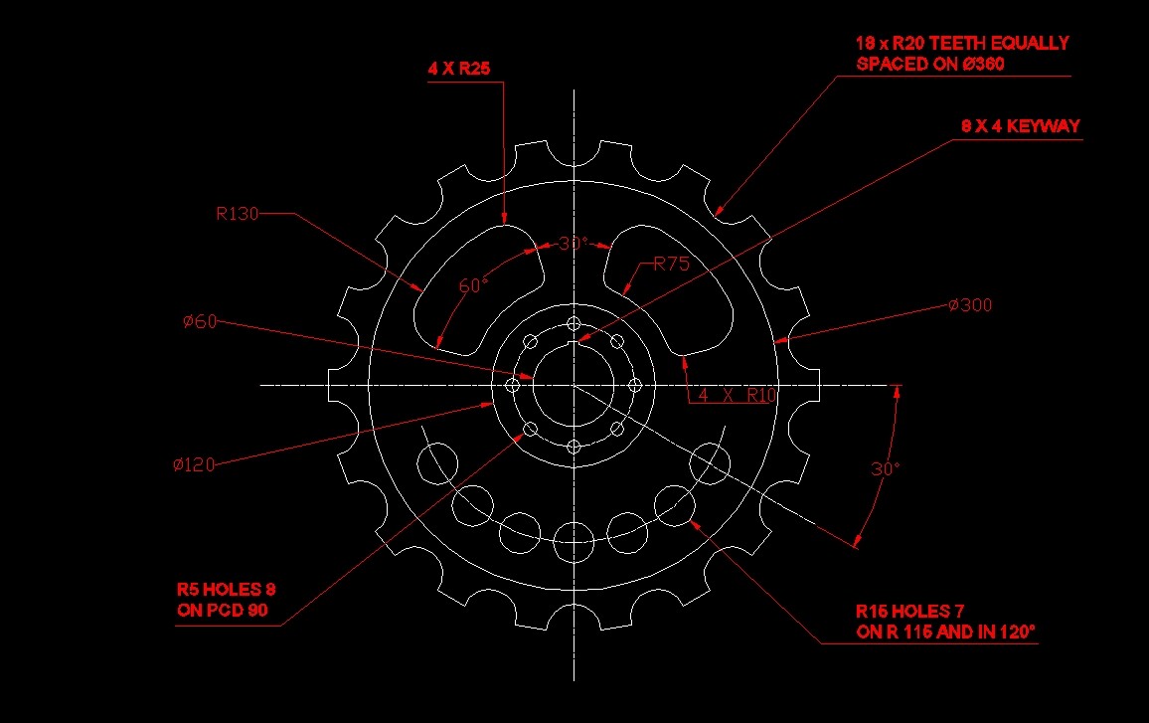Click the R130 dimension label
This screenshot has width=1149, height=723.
(x=237, y=213)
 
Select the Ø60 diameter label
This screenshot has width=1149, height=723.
(x=200, y=321)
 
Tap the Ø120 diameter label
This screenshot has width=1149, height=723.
(x=193, y=464)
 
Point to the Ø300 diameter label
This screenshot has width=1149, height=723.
(x=969, y=305)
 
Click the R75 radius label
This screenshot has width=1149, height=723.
(x=671, y=265)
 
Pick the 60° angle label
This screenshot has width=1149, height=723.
(x=473, y=286)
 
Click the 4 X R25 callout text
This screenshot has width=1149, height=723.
(x=459, y=69)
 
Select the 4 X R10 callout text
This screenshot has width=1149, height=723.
(x=736, y=395)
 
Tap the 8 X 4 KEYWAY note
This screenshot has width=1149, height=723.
(x=1020, y=127)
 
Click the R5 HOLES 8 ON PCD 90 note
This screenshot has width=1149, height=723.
(x=226, y=600)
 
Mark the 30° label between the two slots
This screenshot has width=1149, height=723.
(x=573, y=244)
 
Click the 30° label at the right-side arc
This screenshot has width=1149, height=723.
(x=885, y=469)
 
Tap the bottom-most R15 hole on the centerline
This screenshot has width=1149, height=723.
(x=574, y=539)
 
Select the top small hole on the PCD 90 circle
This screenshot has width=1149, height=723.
(x=574, y=324)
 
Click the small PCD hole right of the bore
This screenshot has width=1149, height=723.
(x=634, y=385)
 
